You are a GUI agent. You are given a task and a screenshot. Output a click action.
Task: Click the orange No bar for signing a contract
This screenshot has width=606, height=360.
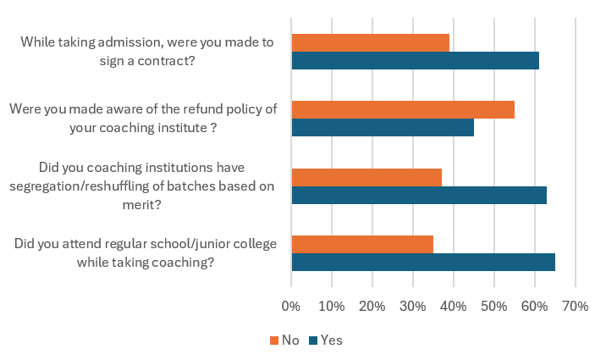(x=370, y=42)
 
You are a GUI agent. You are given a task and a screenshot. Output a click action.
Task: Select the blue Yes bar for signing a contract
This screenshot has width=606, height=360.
(x=415, y=60)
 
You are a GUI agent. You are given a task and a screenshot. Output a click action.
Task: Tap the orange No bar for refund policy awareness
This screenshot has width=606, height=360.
(x=403, y=109)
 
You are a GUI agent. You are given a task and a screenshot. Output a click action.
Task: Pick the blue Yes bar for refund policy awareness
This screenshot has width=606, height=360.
(x=383, y=127)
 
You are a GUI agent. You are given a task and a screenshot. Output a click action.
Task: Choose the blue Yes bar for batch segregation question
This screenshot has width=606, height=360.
(x=419, y=195)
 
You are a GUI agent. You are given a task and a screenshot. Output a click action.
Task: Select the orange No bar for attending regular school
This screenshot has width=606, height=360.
(x=362, y=244)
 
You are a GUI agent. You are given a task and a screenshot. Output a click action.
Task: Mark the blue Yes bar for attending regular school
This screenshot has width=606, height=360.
(x=423, y=262)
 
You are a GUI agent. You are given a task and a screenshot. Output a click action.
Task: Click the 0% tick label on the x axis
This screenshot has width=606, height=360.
(x=291, y=305)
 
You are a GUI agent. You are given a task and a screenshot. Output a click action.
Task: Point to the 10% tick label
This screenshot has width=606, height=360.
(x=331, y=305)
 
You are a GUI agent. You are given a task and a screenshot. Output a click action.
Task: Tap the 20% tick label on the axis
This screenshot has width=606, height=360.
(x=372, y=305)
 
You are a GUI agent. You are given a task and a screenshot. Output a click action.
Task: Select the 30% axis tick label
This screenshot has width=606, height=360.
(x=412, y=305)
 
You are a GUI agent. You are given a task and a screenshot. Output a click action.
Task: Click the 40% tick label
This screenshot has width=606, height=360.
(x=453, y=305)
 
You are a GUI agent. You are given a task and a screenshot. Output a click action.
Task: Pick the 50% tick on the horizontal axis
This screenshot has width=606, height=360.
(x=493, y=305)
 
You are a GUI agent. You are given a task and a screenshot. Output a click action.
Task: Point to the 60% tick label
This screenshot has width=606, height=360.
(x=534, y=305)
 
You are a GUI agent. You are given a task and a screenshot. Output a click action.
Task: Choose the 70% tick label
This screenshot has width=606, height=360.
(x=575, y=305)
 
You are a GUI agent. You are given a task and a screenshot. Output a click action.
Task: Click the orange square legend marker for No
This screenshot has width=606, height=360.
(x=273, y=341)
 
